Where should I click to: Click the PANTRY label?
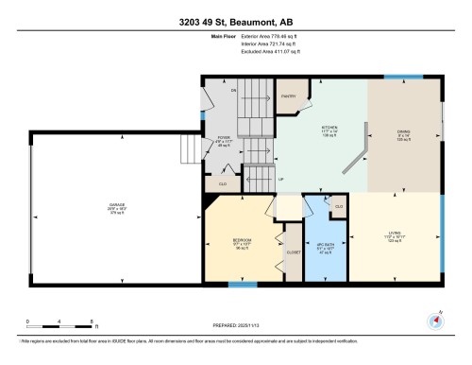click(287, 96)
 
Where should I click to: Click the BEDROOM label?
click(242, 240)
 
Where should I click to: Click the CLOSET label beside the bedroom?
click(293, 252)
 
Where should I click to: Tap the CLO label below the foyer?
click(223, 182)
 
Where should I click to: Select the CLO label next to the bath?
click(338, 205)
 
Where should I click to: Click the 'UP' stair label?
click(280, 178)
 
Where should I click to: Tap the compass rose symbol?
click(434, 320)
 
